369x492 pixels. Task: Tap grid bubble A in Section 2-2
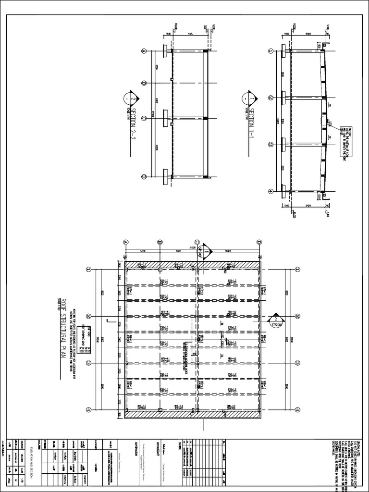[143, 51]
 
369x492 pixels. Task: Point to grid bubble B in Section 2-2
[143, 84]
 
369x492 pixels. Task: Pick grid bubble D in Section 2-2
[143, 177]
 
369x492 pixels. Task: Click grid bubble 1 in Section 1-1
[271, 51]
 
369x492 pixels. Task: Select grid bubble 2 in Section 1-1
[271, 98]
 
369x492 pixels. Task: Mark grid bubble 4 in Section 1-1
[271, 191]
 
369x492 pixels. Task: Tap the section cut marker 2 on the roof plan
[276, 320]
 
